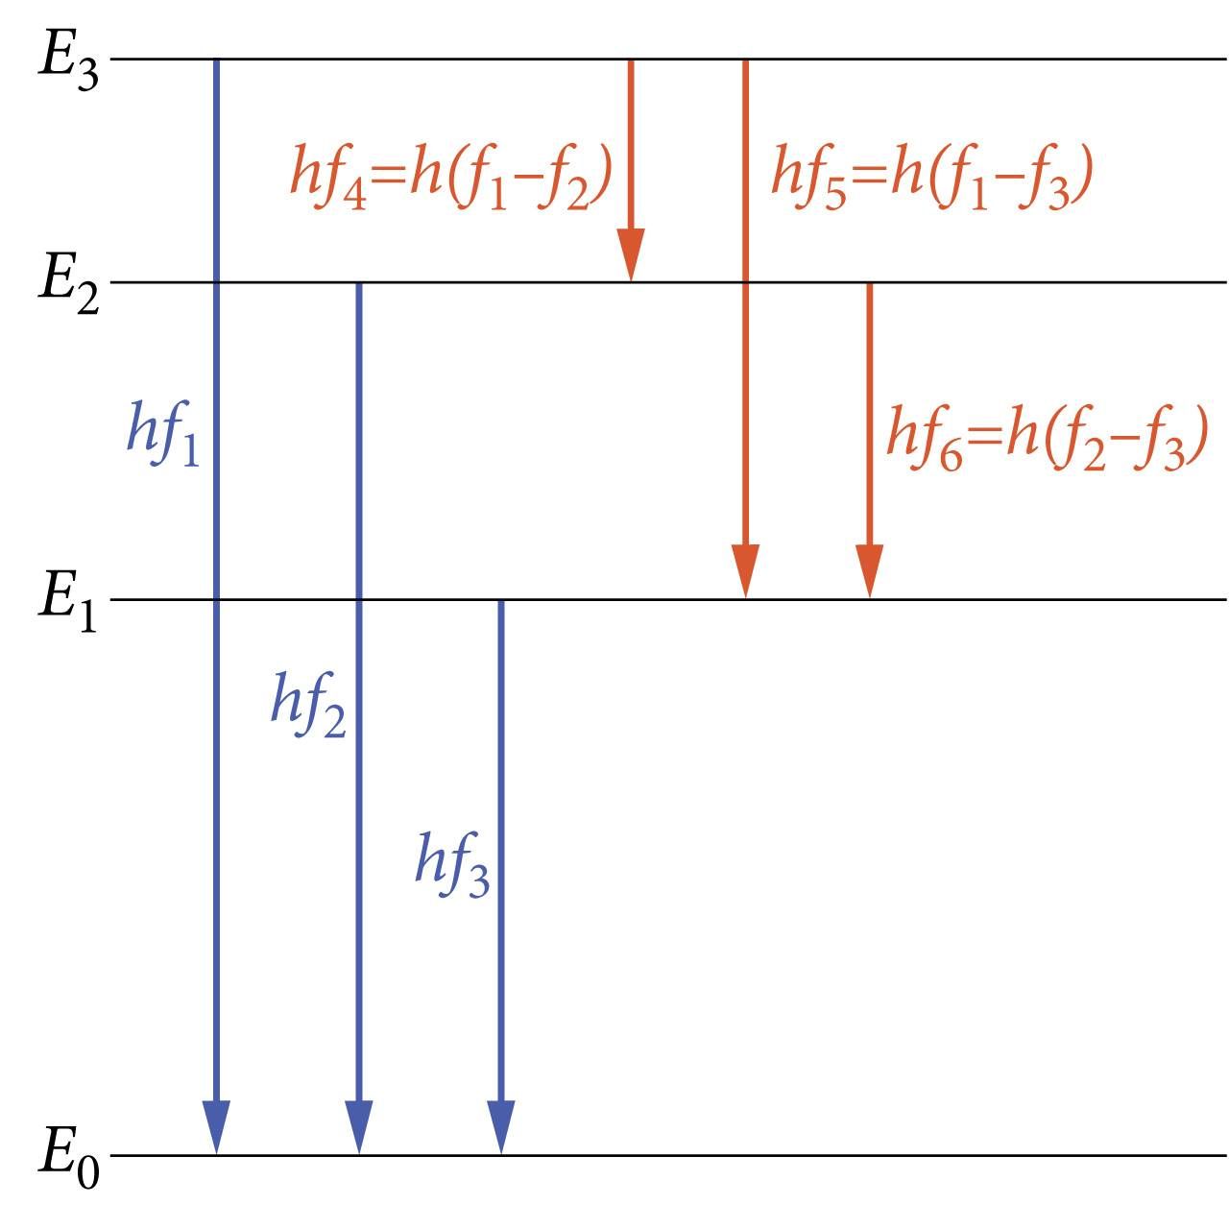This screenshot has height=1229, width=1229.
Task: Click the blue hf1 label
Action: point(163,433)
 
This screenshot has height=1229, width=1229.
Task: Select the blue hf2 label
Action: point(308,704)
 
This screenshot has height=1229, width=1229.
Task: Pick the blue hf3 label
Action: point(452,864)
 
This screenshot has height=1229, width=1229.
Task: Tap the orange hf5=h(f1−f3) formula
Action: point(932,177)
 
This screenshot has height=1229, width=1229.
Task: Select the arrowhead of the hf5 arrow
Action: point(746,571)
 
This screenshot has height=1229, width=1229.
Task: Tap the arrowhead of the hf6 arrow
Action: point(869,571)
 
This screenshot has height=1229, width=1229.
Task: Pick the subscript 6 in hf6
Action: point(952,455)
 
